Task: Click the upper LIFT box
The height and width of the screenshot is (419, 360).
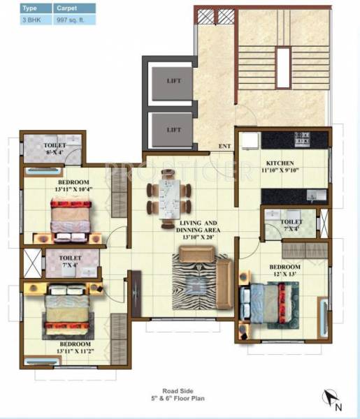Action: click(173, 81)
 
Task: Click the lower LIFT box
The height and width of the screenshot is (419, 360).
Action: click(173, 129)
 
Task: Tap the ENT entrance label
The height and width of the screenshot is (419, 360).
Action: click(225, 145)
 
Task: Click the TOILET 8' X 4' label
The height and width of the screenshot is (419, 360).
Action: click(52, 148)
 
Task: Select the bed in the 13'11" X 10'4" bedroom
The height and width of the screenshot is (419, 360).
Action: click(70, 215)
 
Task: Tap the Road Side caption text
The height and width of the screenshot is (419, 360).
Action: click(180, 392)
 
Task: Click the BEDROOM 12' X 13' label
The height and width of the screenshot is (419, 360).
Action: click(286, 271)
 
